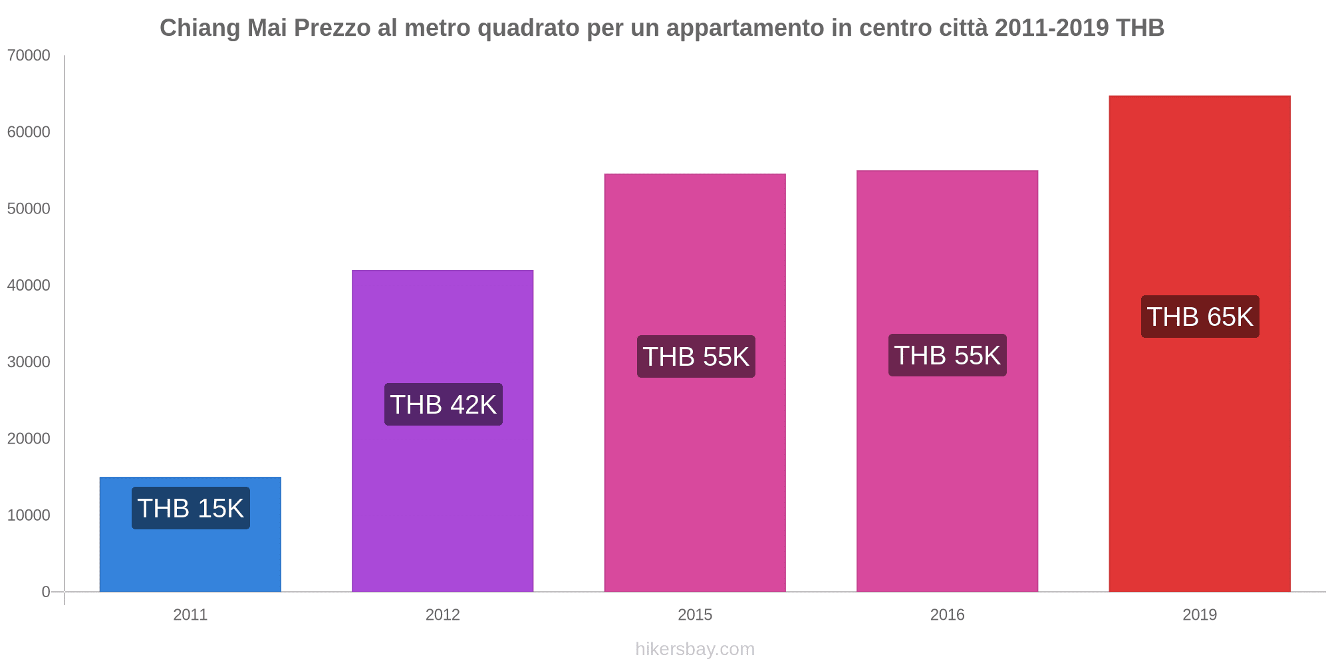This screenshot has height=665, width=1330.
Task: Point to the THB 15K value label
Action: tap(191, 509)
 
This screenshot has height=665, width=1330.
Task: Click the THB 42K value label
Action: tap(444, 405)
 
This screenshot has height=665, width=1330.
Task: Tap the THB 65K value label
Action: tap(1200, 317)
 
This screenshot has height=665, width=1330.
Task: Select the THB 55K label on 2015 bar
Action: tap(696, 357)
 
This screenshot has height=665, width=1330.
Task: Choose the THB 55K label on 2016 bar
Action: tap(948, 356)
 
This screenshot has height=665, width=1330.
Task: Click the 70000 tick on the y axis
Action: tap(29, 56)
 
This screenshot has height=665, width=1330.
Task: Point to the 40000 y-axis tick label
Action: tap(29, 285)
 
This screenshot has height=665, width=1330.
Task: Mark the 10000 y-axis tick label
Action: tap(29, 515)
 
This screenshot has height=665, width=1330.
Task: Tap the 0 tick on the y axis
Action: tap(46, 592)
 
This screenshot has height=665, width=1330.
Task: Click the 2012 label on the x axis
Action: tap(443, 615)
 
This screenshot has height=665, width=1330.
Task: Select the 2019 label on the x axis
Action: tap(1200, 615)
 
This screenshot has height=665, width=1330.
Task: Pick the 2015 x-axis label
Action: tap(695, 615)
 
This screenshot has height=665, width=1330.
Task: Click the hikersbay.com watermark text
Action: tap(695, 649)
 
